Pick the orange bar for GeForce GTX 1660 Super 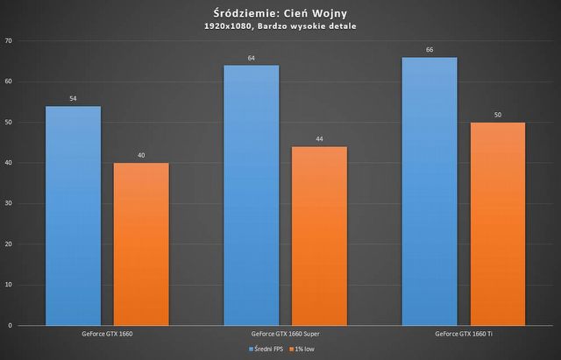(x=319, y=236)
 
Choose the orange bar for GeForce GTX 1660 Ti (x=498, y=223)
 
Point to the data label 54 (x=73, y=99)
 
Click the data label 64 (x=251, y=59)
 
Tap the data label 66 (x=430, y=51)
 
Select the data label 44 (x=319, y=139)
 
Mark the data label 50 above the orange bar (x=498, y=115)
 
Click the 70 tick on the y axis (x=9, y=41)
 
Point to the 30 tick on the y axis (x=9, y=203)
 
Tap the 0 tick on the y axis (x=11, y=325)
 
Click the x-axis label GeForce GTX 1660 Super (x=285, y=334)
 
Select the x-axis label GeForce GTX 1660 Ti (x=463, y=334)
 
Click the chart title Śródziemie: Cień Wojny (x=280, y=12)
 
